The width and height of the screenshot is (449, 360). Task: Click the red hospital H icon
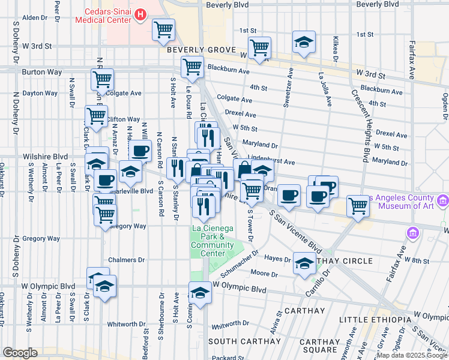pos(140,14)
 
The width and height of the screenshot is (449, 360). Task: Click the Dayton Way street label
pos(40,94)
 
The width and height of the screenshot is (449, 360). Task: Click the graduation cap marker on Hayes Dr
pos(304,263)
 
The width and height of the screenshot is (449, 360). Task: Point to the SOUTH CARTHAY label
pos(240,341)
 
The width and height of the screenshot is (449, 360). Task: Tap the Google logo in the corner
pos(20,353)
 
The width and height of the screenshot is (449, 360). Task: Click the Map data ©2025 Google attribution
pos(412,355)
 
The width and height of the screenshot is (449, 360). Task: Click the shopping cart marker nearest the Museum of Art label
pos(358,206)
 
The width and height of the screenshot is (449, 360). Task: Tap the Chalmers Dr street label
pos(127,260)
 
